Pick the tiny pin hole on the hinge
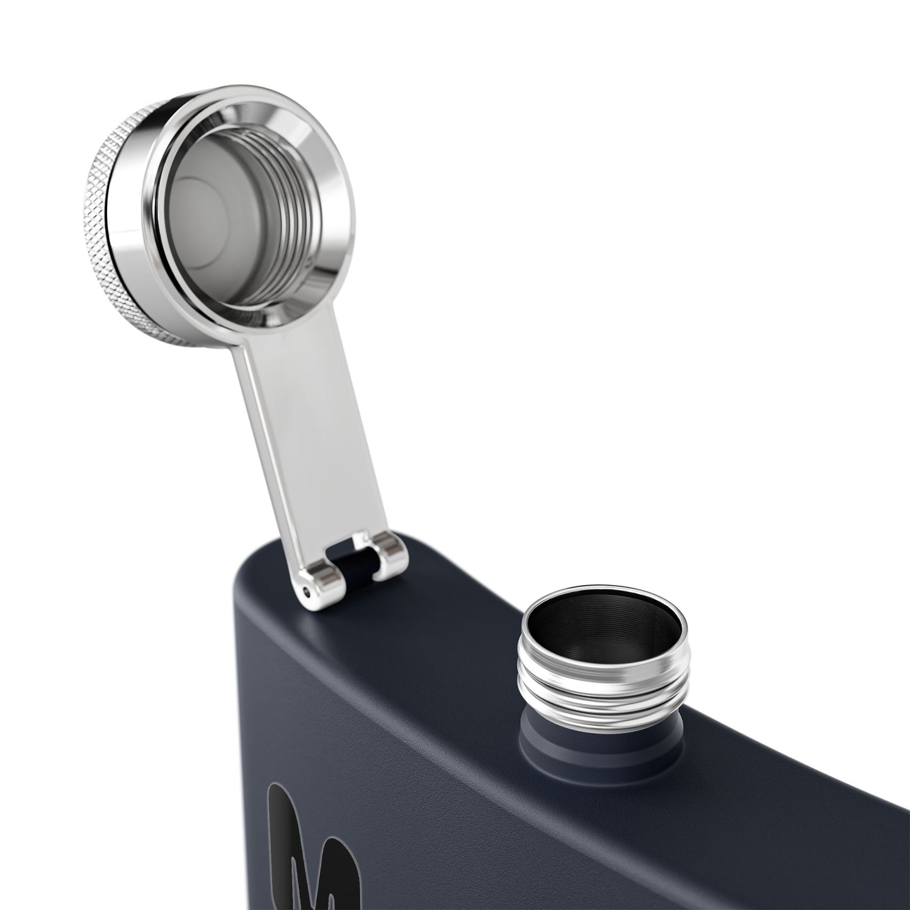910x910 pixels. pyautogui.click(x=307, y=591)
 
